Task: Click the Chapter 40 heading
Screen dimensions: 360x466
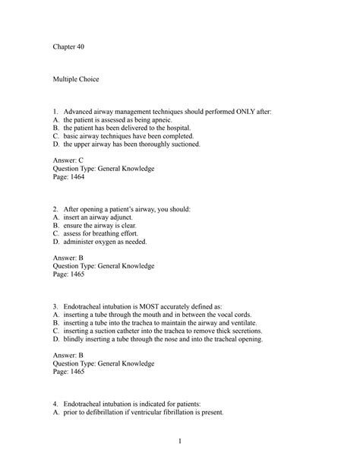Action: click(x=69, y=47)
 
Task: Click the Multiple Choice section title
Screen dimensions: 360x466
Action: click(x=76, y=79)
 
